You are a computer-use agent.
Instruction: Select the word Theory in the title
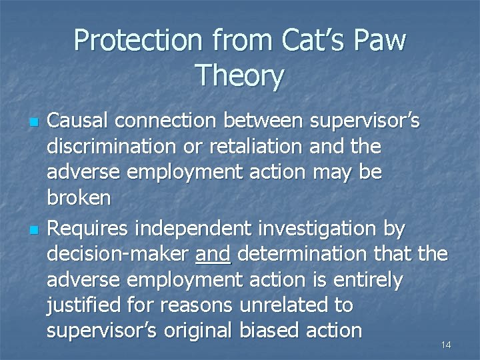coord(239,76)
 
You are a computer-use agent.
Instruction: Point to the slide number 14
coord(446,345)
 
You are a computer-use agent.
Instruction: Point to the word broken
coord(79,199)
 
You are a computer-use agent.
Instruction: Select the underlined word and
coord(213,254)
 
